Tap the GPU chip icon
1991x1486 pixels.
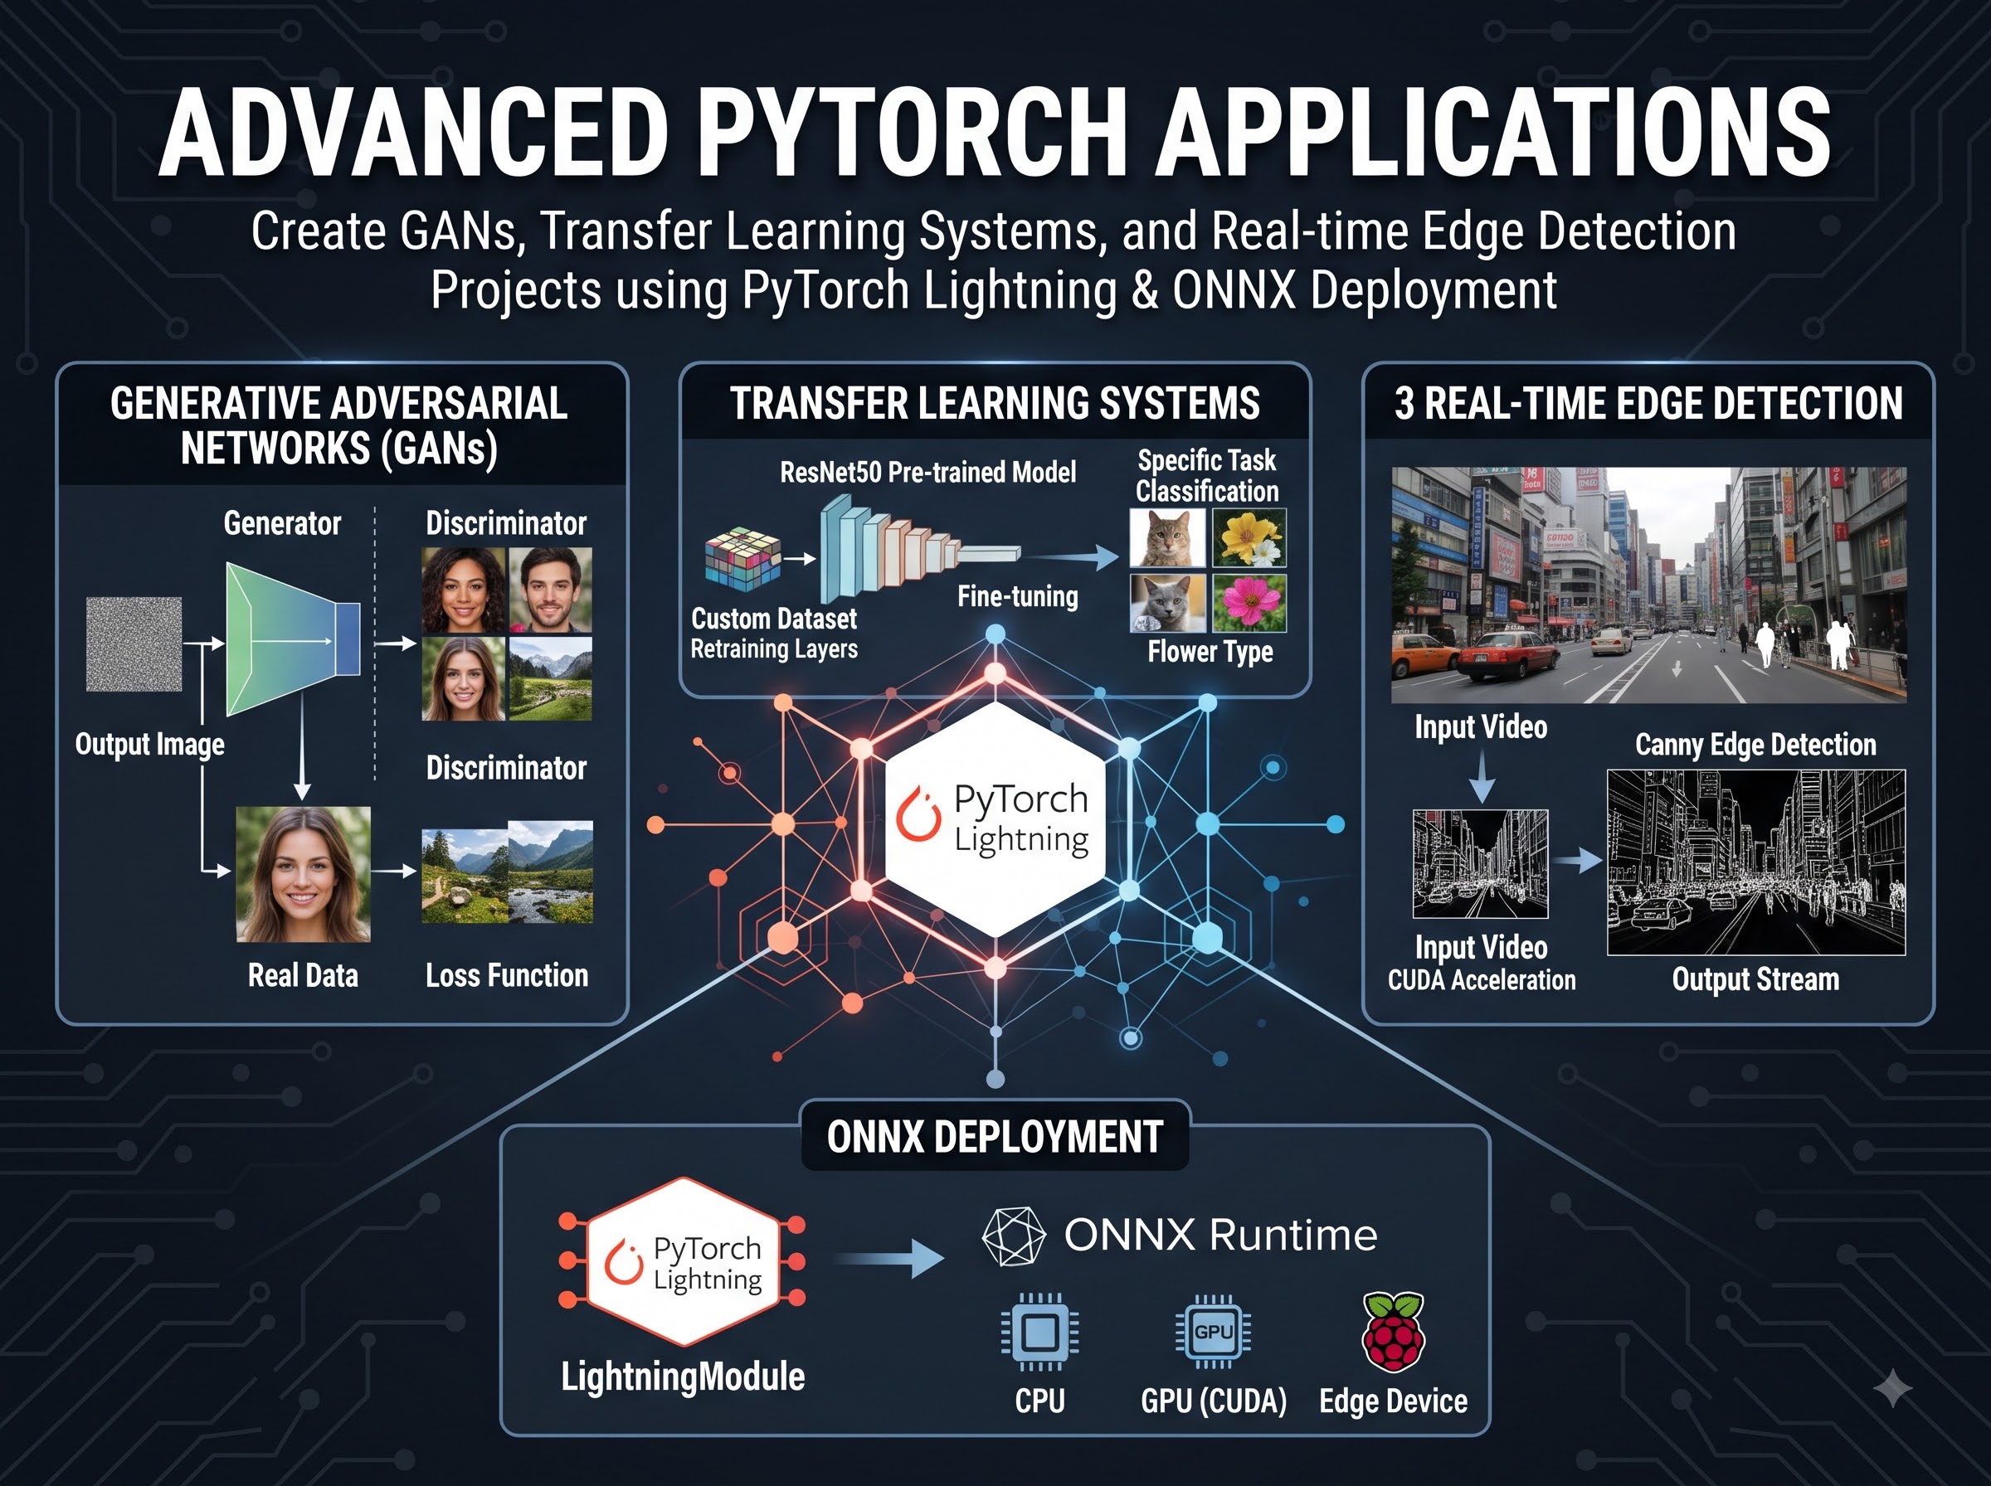pos(1213,1331)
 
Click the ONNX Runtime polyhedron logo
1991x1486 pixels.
pos(1014,1236)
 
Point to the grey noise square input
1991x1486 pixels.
pos(134,644)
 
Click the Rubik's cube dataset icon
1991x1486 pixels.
pos(742,559)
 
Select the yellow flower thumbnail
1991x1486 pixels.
pos(1249,537)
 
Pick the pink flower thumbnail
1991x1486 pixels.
pos(1249,604)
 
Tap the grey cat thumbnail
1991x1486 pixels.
pos(1168,604)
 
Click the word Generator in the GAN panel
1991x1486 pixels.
pos(283,523)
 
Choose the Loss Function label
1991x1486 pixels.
pos(507,975)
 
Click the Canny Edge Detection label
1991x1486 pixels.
pos(1755,745)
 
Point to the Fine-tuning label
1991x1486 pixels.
pos(1018,595)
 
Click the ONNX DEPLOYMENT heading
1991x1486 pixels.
pos(995,1137)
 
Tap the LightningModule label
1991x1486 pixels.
pos(683,1377)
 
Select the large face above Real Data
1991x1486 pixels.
pos(303,874)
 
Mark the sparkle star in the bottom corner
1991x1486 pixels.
pos(1893,1390)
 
